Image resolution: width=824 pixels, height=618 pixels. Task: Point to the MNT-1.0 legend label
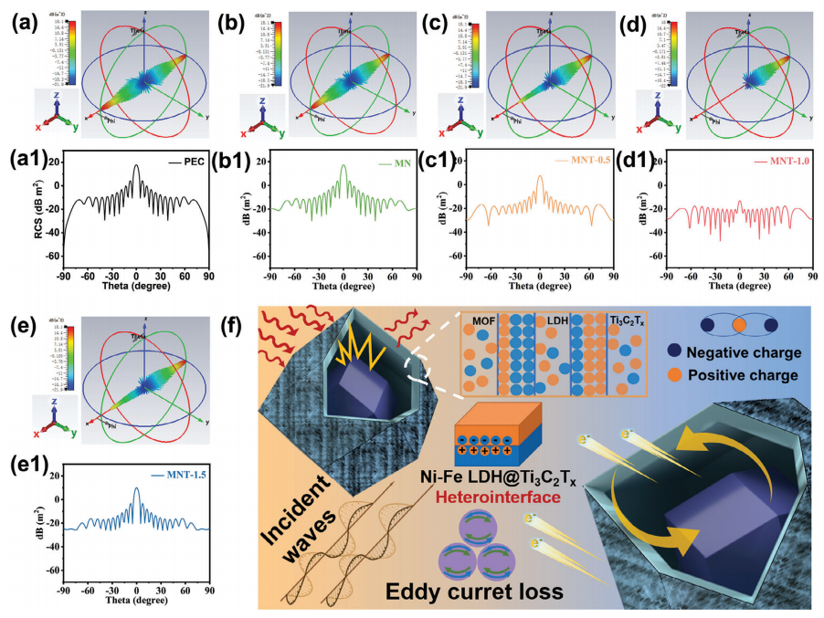(x=776, y=164)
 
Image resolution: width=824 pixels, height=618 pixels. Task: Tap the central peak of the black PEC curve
(x=136, y=166)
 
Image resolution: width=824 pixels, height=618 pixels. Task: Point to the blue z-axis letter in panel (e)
(x=56, y=394)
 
